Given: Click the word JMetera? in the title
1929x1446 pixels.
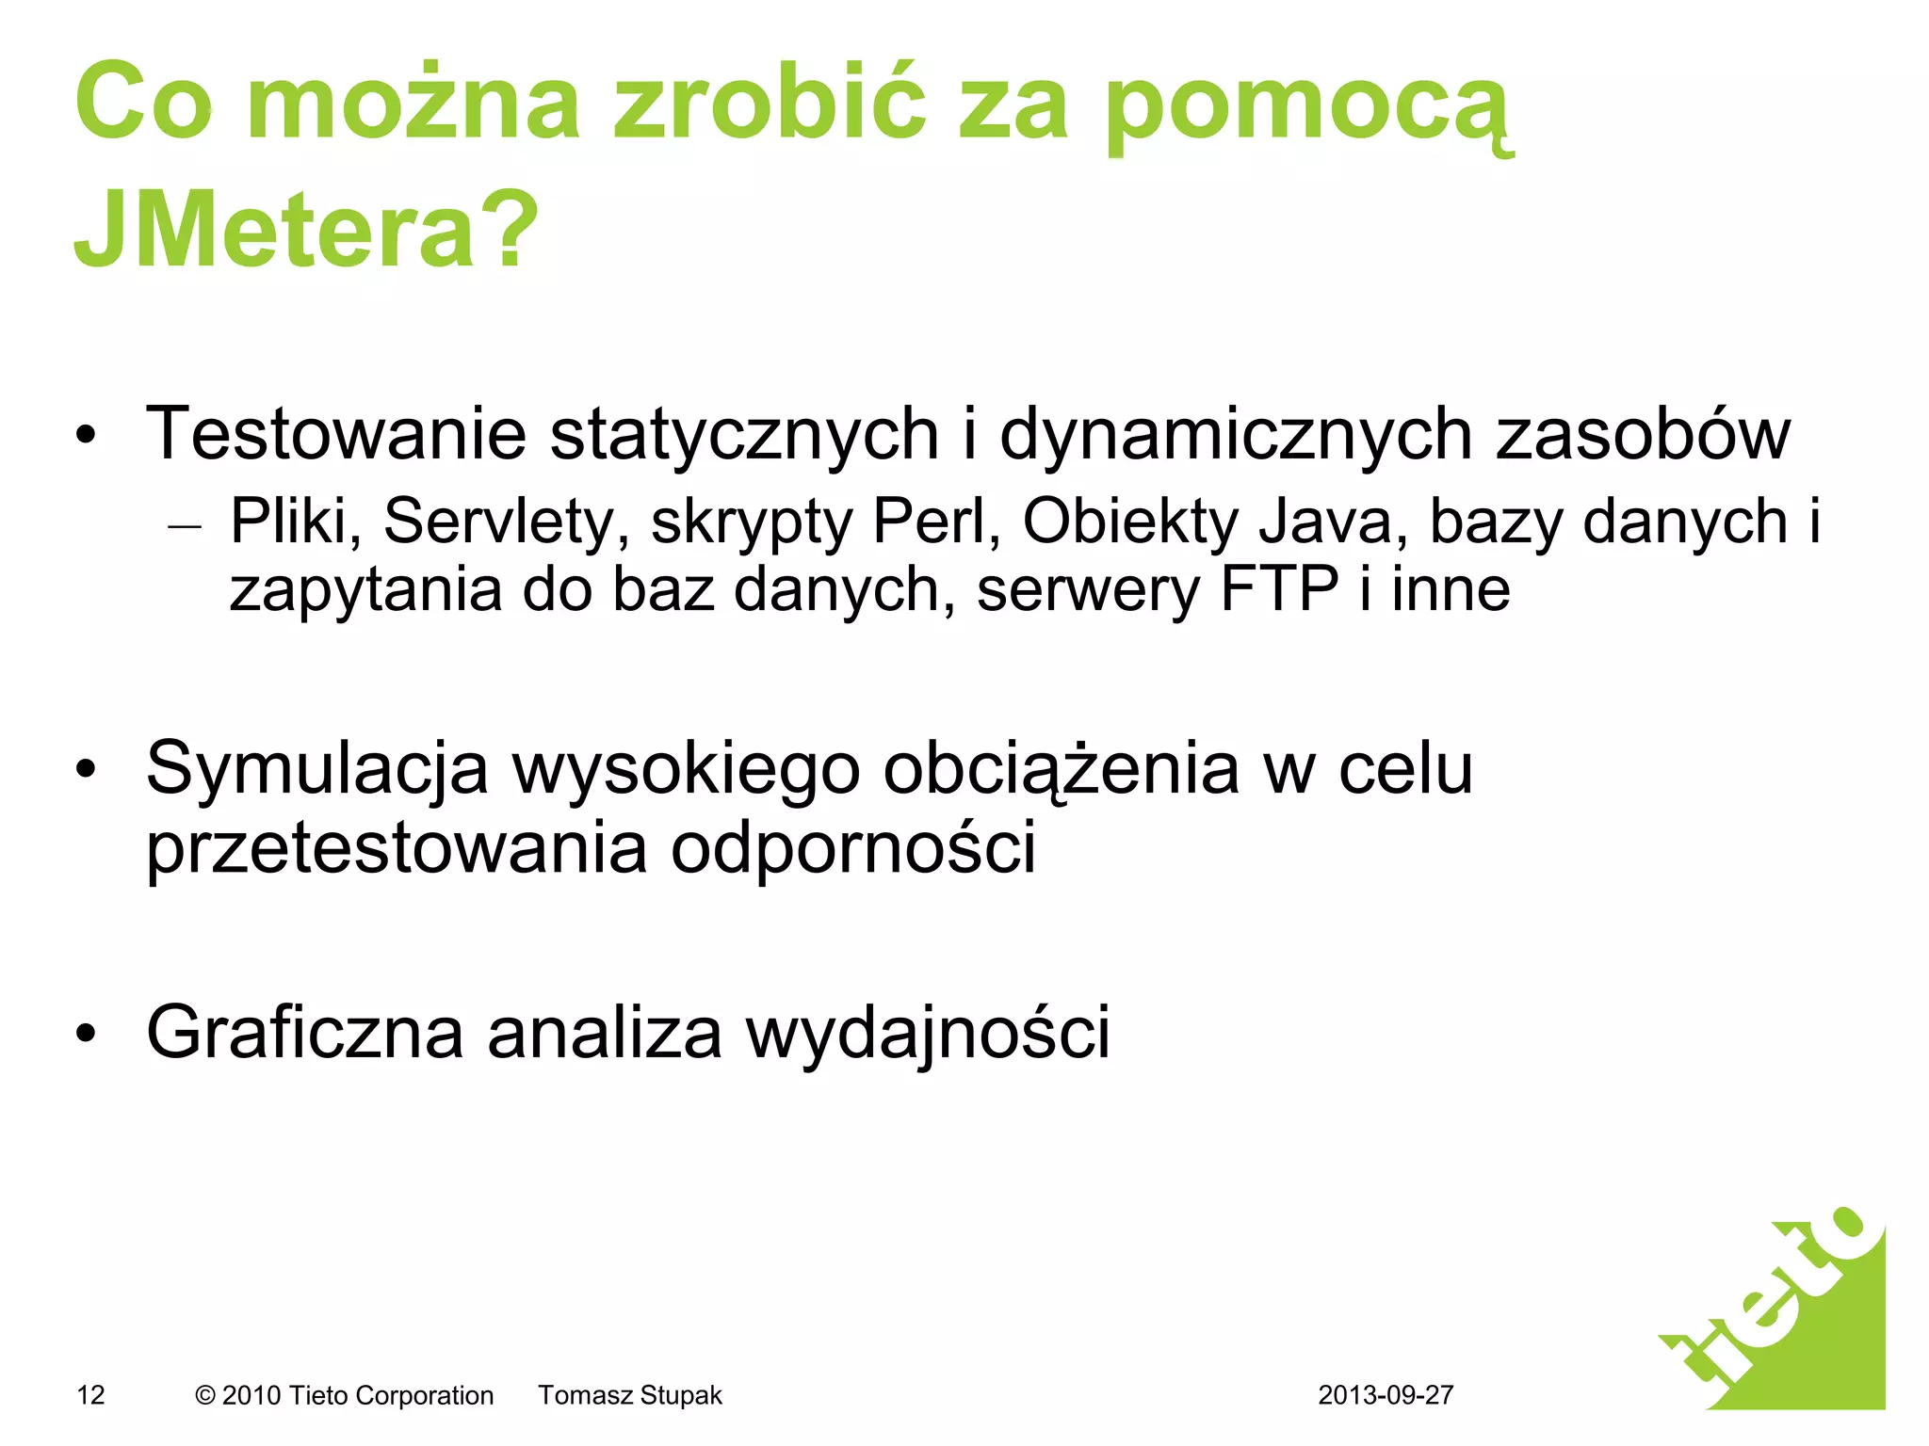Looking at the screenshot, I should pos(306,229).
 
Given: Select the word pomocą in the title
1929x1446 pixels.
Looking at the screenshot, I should pos(1308,105).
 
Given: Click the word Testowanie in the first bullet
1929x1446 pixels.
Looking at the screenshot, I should pos(335,434).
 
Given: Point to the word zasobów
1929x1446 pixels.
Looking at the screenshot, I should pos(1643,434).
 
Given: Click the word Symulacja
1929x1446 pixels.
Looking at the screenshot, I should pos(317,770).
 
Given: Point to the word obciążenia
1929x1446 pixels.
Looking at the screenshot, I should pos(1061,770).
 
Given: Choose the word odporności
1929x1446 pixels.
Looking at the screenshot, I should pos(853,847).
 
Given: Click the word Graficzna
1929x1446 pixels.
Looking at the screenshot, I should pos(305,1033).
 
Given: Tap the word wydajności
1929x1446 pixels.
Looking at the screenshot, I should pos(928,1033).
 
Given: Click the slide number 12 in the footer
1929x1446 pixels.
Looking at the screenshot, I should pos(90,1395).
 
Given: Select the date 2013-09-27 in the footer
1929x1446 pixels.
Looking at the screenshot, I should pos(1386,1395).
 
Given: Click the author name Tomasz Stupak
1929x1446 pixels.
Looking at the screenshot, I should pos(630,1395).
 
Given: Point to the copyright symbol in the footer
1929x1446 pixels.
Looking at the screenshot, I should pos(204,1396).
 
